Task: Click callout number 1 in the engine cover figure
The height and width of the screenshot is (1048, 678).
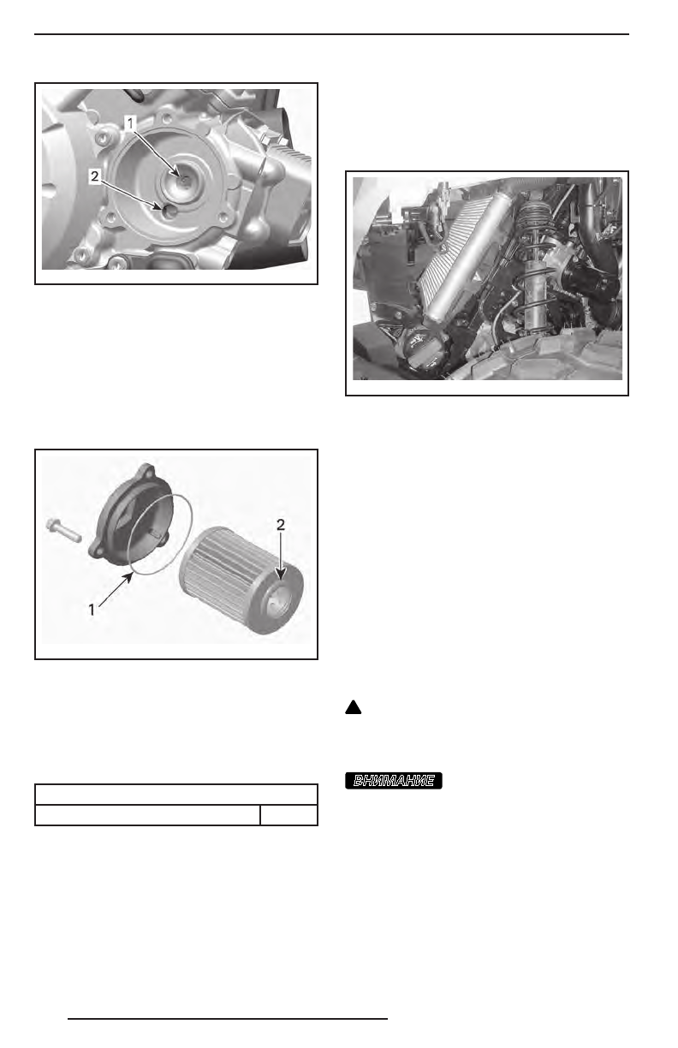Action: (x=130, y=123)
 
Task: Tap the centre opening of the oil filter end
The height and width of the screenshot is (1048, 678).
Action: (x=277, y=598)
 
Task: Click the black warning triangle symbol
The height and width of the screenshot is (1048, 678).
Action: (x=351, y=708)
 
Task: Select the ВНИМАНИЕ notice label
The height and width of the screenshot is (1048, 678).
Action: (x=394, y=780)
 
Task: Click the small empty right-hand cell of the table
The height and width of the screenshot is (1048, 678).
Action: (x=288, y=814)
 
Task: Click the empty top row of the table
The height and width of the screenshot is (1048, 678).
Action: (x=175, y=794)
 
